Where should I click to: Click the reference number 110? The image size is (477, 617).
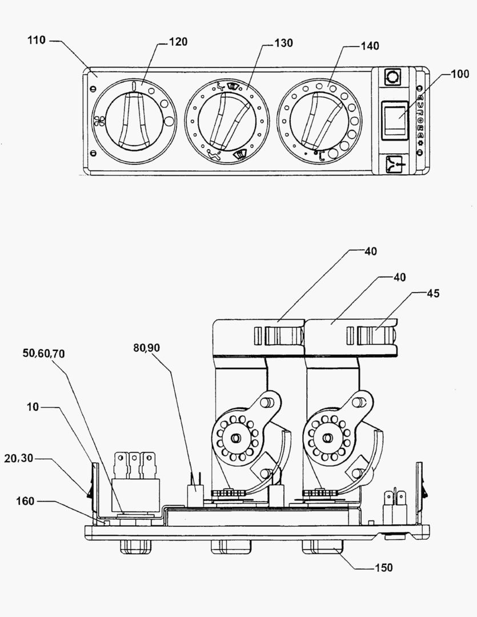pyautogui.click(x=37, y=41)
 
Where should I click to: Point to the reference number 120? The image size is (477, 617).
pyautogui.click(x=178, y=42)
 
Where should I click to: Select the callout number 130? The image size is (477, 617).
pyautogui.click(x=283, y=43)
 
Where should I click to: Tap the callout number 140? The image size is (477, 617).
pyautogui.click(x=370, y=45)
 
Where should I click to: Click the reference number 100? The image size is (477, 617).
pyautogui.click(x=459, y=74)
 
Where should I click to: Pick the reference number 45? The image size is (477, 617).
pyautogui.click(x=432, y=294)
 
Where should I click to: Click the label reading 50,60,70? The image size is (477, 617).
pyautogui.click(x=43, y=354)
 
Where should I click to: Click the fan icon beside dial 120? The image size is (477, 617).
pyautogui.click(x=100, y=121)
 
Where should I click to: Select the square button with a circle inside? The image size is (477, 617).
pyautogui.click(x=392, y=77)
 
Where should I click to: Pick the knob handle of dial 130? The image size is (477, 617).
pyautogui.click(x=227, y=121)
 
